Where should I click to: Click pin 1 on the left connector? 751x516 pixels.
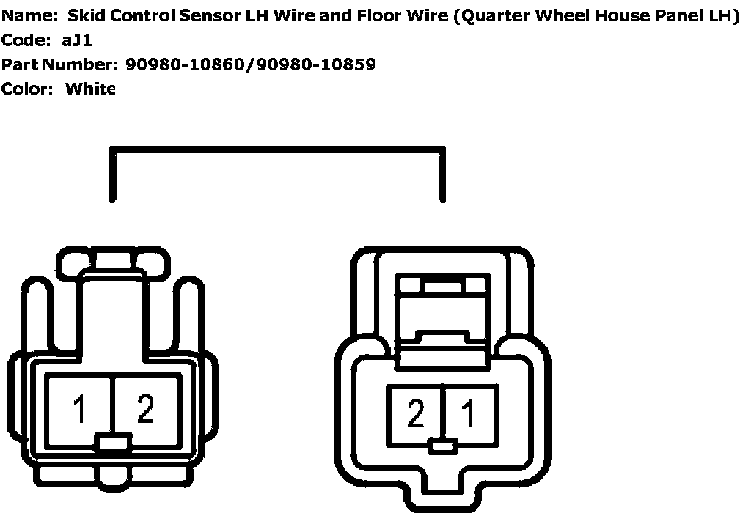click(79, 409)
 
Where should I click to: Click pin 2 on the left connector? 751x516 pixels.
click(145, 409)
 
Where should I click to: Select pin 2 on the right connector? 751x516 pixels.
click(416, 415)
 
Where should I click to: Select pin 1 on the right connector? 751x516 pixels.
click(468, 415)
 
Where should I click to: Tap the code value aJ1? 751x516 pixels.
click(76, 40)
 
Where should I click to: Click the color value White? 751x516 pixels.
click(90, 89)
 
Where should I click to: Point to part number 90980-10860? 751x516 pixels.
click(186, 64)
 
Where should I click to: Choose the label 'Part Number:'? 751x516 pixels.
click(59, 64)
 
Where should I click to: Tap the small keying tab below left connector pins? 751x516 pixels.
click(114, 442)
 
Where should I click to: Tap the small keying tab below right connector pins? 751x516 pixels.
click(442, 445)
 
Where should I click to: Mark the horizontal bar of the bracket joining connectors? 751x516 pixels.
click(277, 152)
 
